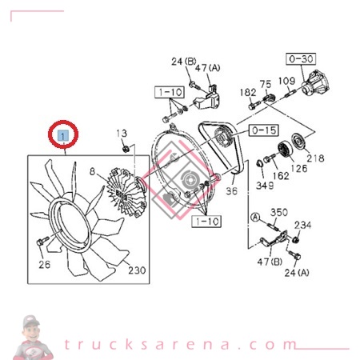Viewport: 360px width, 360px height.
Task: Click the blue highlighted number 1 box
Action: point(62,138)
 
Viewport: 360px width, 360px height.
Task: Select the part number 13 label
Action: point(122,133)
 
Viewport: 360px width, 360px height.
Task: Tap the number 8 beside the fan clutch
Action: point(92,170)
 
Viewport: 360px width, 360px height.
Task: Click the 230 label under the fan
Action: point(136,270)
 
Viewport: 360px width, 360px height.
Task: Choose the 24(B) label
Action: point(182,62)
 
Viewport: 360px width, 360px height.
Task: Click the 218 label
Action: point(315,158)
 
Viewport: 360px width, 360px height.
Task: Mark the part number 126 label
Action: point(298,168)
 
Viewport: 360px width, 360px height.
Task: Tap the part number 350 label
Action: point(278,212)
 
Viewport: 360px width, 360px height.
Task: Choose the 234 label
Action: point(303,226)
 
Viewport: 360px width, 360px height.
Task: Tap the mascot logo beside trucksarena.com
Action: point(32,337)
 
